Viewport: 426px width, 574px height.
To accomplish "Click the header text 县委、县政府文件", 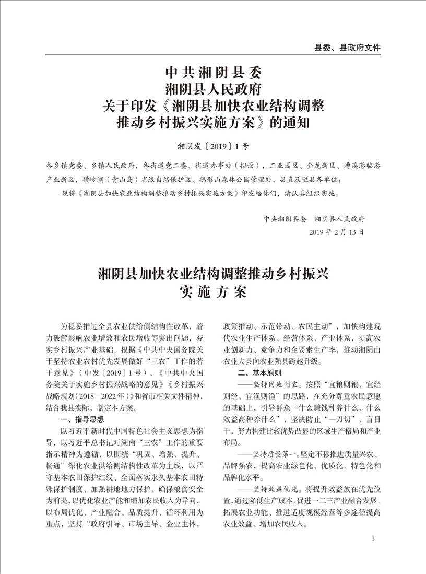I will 347,47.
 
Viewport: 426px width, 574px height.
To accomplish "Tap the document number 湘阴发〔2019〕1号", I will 213,145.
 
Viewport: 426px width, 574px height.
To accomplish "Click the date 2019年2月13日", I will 337,231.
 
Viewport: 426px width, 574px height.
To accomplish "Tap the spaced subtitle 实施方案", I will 213,291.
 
